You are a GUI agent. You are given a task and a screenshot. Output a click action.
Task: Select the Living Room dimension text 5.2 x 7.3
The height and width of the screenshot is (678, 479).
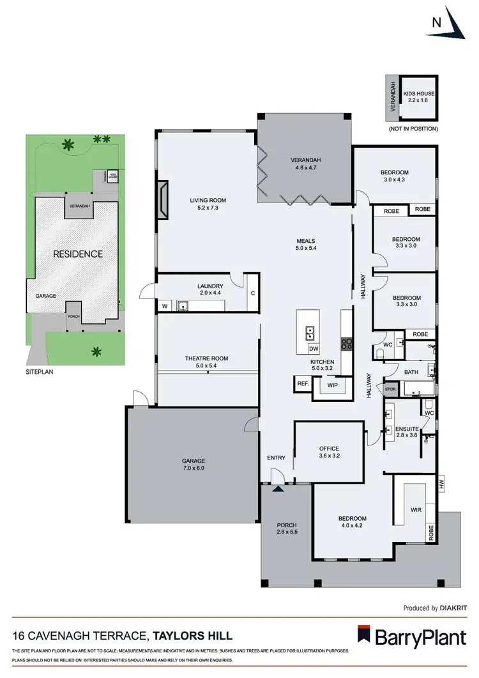[208, 208]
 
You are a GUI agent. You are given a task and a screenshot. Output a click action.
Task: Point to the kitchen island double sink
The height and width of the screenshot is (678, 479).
[310, 332]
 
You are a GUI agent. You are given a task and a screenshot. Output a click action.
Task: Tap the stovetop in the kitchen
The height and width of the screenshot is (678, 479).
[347, 343]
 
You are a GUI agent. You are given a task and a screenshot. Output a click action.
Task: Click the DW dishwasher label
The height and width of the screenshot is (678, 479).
[313, 349]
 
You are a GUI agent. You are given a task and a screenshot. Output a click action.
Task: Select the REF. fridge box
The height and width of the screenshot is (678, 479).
[302, 384]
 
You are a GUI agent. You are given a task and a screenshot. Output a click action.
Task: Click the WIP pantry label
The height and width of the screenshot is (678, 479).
[332, 386]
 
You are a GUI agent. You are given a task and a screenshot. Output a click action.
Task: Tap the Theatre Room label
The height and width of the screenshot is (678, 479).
[206, 358]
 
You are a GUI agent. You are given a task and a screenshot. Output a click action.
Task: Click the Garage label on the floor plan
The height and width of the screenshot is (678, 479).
[193, 461]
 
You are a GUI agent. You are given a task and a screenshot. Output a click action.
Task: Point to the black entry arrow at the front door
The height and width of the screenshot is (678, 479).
[278, 489]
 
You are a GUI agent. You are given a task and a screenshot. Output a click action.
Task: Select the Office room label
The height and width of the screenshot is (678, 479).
[329, 449]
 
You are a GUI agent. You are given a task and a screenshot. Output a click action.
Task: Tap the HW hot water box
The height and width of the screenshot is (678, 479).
[441, 484]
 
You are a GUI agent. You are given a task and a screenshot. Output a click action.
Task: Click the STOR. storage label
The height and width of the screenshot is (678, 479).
[390, 389]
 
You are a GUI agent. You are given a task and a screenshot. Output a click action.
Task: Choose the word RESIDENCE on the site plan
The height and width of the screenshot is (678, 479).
[77, 254]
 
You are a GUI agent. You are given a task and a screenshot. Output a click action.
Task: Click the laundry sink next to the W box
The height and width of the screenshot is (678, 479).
[183, 306]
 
